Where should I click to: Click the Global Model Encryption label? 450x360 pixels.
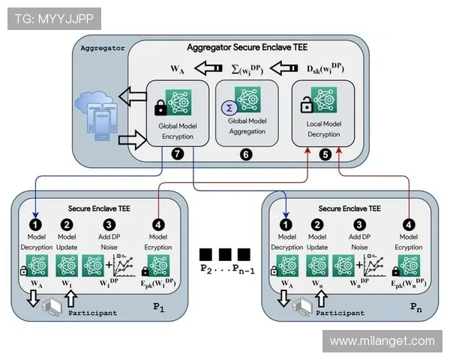[178, 132]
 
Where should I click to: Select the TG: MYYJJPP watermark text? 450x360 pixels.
[52, 19]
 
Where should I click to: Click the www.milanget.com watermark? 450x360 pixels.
[382, 340]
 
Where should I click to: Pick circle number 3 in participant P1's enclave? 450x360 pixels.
[109, 223]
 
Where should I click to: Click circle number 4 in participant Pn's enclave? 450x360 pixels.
[408, 223]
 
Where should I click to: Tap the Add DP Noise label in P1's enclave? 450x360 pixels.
[109, 241]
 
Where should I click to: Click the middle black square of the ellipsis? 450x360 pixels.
[224, 254]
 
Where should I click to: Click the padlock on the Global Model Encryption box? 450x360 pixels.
[160, 109]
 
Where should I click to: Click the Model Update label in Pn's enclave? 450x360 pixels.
[317, 241]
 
